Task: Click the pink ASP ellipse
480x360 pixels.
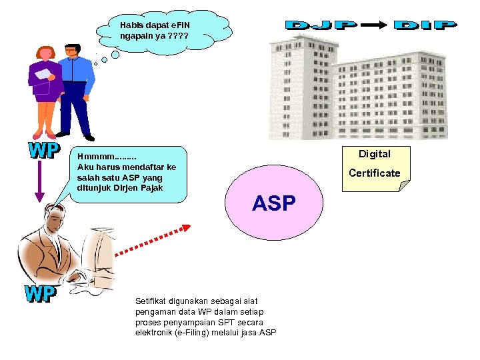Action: pyautogui.click(x=274, y=203)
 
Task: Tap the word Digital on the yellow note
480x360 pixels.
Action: pyautogui.click(x=374, y=154)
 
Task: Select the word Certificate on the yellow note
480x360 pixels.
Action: pyautogui.click(x=374, y=173)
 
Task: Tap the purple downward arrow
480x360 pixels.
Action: pyautogui.click(x=39, y=181)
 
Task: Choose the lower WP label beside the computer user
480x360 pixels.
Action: pyautogui.click(x=41, y=294)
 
